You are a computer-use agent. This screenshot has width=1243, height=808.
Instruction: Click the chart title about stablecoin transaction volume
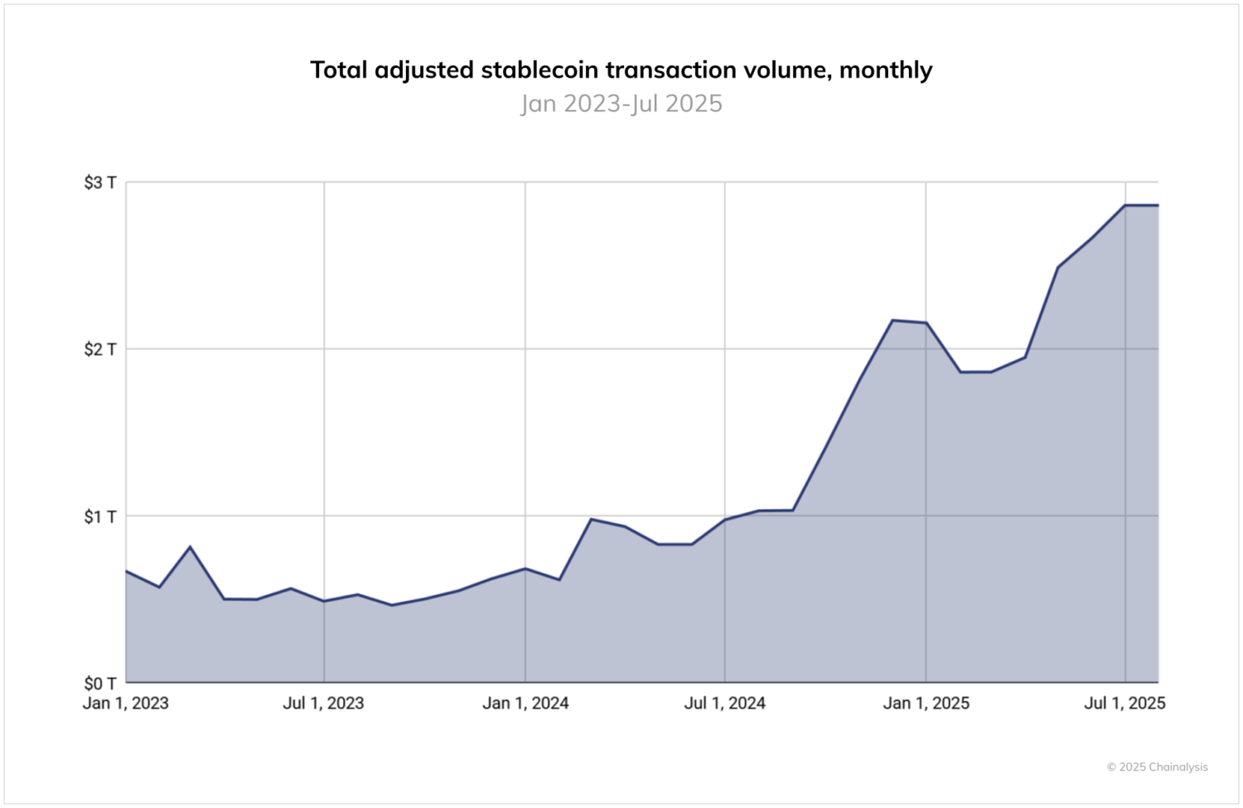pyautogui.click(x=621, y=70)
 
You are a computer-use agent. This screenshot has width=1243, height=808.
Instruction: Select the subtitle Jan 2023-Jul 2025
pyautogui.click(x=621, y=104)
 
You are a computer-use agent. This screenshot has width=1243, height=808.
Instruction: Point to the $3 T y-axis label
pyautogui.click(x=100, y=182)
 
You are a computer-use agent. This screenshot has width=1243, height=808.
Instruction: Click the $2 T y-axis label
pyautogui.click(x=100, y=349)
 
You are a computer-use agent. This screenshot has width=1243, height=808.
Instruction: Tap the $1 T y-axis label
pyautogui.click(x=100, y=516)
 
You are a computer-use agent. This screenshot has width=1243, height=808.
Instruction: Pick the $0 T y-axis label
pyautogui.click(x=100, y=684)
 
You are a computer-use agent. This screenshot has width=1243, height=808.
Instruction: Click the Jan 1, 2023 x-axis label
pyautogui.click(x=126, y=704)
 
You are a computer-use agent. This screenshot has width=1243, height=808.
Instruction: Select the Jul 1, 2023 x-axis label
pyautogui.click(x=323, y=704)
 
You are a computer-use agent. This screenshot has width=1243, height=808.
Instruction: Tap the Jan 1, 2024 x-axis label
pyautogui.click(x=525, y=704)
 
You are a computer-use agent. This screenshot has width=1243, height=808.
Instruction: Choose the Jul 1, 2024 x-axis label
pyautogui.click(x=724, y=704)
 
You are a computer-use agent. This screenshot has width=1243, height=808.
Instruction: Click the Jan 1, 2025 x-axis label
pyautogui.click(x=926, y=704)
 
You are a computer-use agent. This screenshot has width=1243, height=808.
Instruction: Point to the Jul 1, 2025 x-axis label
pyautogui.click(x=1125, y=704)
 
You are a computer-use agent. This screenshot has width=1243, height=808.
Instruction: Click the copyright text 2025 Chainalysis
pyautogui.click(x=1158, y=767)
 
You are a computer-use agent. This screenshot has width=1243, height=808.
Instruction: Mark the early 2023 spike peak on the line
pyautogui.click(x=191, y=547)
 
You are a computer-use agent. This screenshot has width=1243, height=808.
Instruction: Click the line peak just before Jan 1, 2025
pyautogui.click(x=892, y=320)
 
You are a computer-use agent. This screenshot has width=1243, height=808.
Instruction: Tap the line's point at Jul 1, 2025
pyautogui.click(x=1125, y=205)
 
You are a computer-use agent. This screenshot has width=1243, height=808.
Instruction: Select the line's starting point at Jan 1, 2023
pyautogui.click(x=127, y=571)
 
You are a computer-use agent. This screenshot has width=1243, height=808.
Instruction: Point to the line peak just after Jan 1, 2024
pyautogui.click(x=591, y=519)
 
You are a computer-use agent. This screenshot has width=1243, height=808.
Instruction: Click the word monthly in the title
pyautogui.click(x=886, y=70)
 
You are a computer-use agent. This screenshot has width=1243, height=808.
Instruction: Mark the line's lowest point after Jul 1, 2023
pyautogui.click(x=391, y=605)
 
